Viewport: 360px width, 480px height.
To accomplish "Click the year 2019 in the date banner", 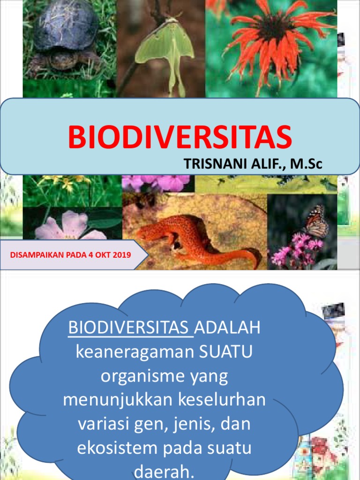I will click(121, 255).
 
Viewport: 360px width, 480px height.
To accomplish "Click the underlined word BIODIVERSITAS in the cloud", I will click(131, 328).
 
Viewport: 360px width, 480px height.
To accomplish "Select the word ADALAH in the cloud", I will click(227, 328).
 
